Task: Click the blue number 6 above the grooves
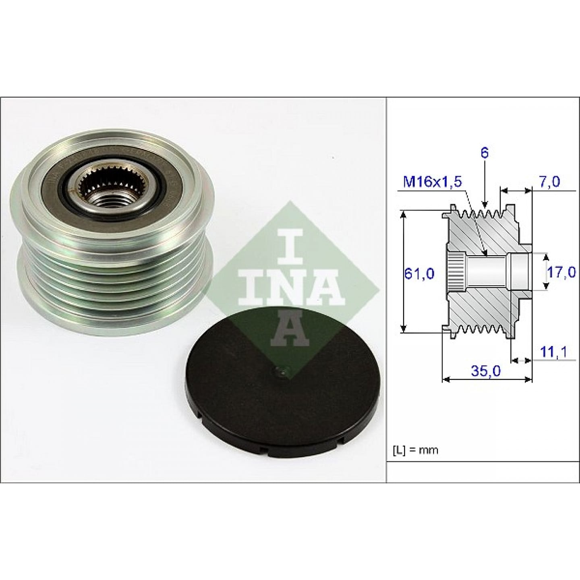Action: (484, 153)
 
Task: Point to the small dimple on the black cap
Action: (279, 373)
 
